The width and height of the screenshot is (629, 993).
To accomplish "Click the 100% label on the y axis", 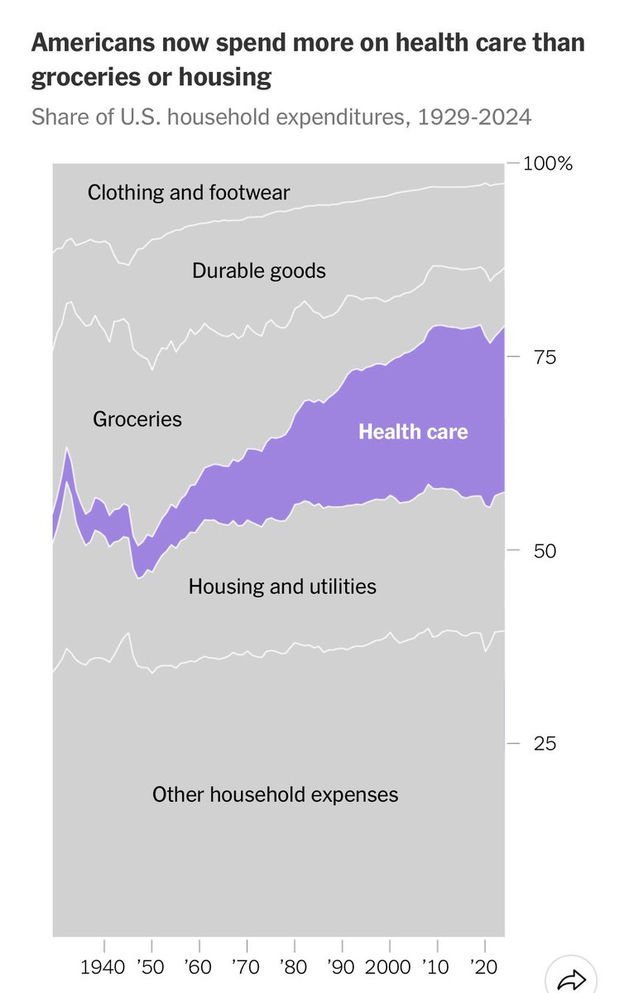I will click(x=548, y=164).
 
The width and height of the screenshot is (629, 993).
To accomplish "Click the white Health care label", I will click(x=413, y=432).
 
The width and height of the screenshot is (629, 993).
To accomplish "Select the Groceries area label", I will click(x=137, y=419).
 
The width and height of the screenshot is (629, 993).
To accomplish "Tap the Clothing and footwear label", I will click(x=189, y=193).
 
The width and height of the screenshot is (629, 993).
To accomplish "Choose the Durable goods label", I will click(x=259, y=271).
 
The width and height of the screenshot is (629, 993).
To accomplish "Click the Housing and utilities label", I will click(x=282, y=587).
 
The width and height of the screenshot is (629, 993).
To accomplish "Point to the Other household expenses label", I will click(x=275, y=795).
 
